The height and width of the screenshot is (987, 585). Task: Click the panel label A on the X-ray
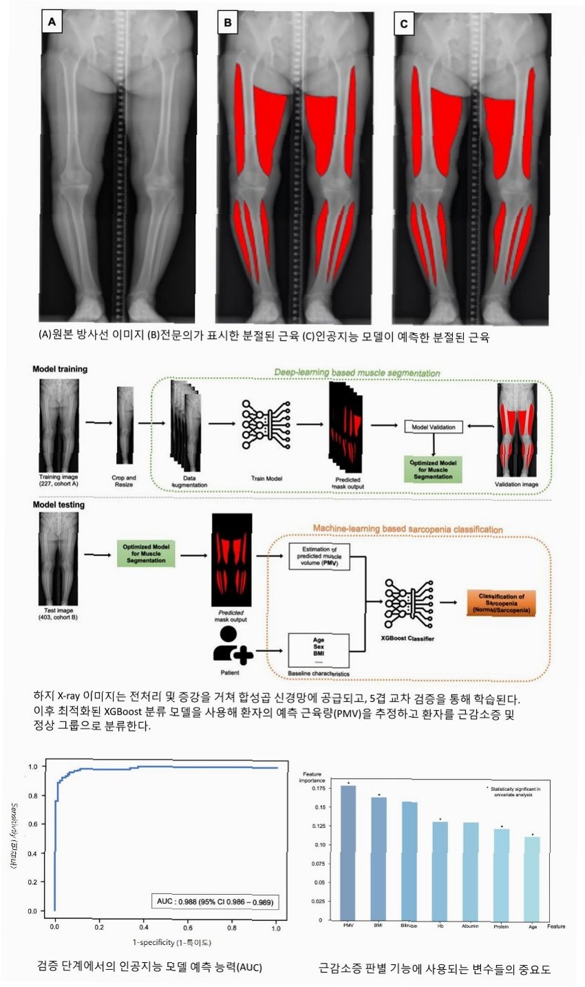pyautogui.click(x=52, y=23)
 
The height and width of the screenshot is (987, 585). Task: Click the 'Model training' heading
pyautogui.click(x=60, y=369)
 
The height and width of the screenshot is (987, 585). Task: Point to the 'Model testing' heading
pyautogui.click(x=58, y=505)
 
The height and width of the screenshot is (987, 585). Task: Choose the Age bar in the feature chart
pyautogui.click(x=532, y=878)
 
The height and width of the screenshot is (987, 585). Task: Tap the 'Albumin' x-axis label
pyautogui.click(x=471, y=926)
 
